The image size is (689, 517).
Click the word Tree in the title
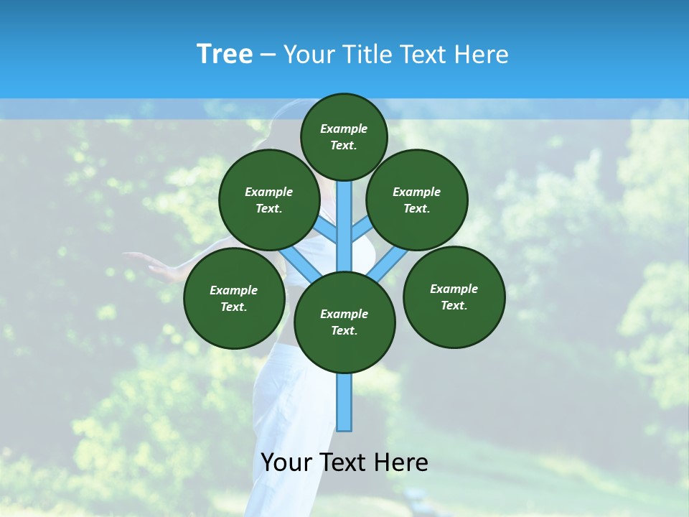pos(225,54)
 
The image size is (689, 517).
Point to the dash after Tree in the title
pos(268,55)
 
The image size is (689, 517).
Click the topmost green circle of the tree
pos(344,136)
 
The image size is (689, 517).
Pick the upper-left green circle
pos(269,200)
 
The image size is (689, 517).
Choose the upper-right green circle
pos(417,200)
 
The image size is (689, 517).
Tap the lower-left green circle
pos(234,298)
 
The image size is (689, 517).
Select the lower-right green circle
pos(454,297)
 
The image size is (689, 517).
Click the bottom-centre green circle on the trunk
pos(344,322)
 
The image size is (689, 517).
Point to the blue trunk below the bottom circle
pos(344,402)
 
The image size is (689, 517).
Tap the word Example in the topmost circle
pos(344,129)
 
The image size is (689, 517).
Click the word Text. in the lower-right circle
pos(454,305)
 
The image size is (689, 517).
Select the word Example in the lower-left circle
pos(234,290)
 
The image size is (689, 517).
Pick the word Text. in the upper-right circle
pos(417,208)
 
